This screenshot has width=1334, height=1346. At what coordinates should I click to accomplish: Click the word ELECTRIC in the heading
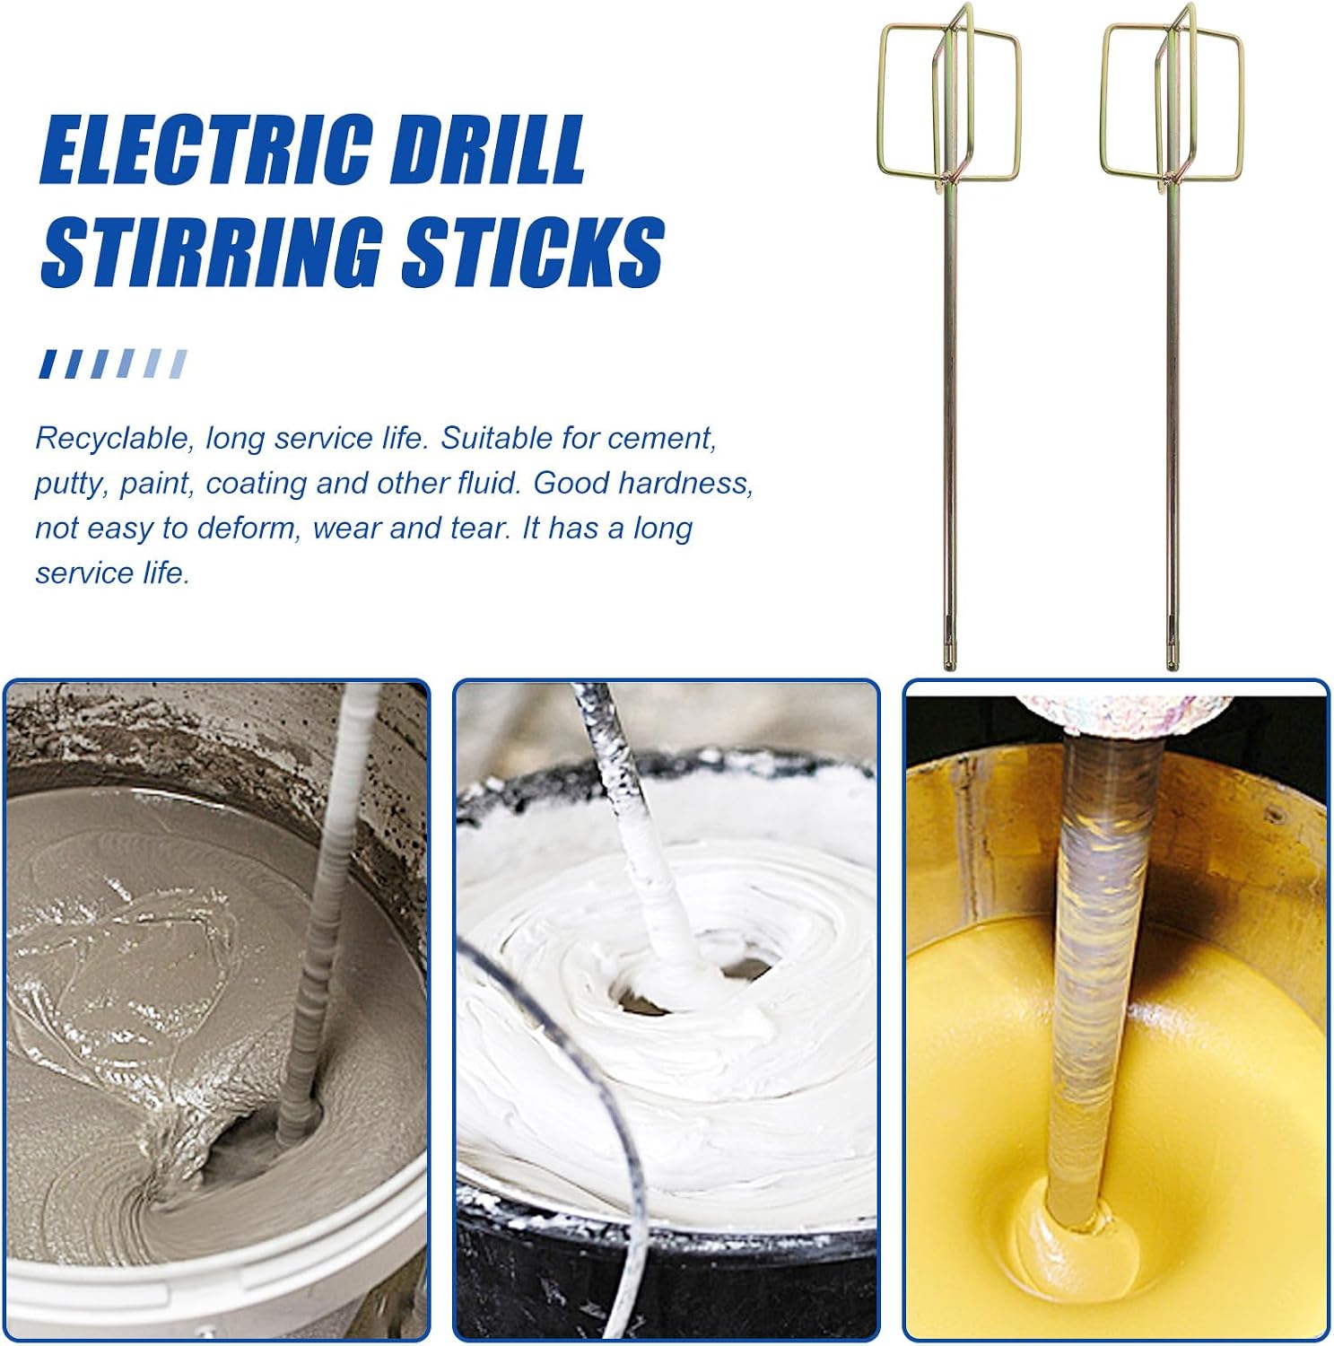coord(205,150)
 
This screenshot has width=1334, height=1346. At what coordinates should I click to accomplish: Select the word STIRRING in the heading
coord(212,251)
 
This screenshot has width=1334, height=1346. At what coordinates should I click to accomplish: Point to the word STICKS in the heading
coord(533,251)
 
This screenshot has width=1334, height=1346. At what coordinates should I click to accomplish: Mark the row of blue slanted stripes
coord(113,363)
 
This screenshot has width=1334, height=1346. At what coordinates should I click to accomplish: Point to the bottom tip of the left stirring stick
coord(949,668)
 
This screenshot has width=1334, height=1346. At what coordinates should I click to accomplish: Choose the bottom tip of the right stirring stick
coord(1172,668)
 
